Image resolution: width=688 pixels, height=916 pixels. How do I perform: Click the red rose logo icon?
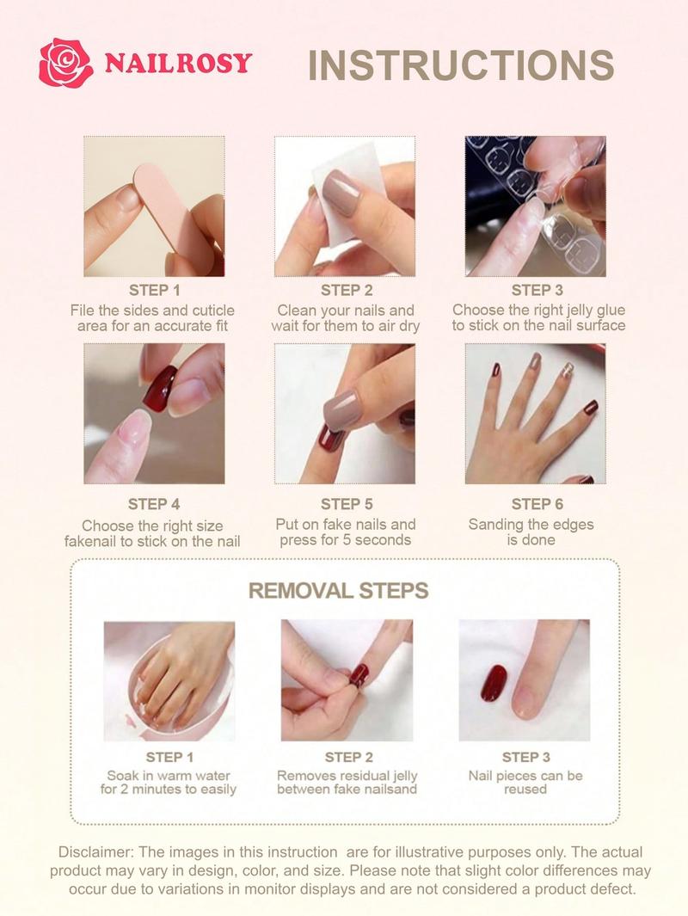(65, 63)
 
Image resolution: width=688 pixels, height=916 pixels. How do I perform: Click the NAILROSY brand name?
(178, 63)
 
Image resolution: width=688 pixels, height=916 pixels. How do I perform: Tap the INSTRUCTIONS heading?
(460, 65)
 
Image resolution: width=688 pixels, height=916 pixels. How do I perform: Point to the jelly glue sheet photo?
(535, 206)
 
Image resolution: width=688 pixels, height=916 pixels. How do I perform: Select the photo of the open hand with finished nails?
(535, 414)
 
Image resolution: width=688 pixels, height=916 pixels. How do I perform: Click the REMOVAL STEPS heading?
(338, 591)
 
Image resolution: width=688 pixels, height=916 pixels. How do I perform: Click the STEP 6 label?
(531, 504)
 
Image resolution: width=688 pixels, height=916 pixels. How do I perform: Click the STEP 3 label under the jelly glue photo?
(531, 290)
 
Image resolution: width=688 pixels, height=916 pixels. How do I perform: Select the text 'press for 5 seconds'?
(345, 540)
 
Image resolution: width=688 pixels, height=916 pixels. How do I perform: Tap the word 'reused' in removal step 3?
(525, 789)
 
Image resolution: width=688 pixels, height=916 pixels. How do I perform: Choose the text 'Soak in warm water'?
(169, 775)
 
